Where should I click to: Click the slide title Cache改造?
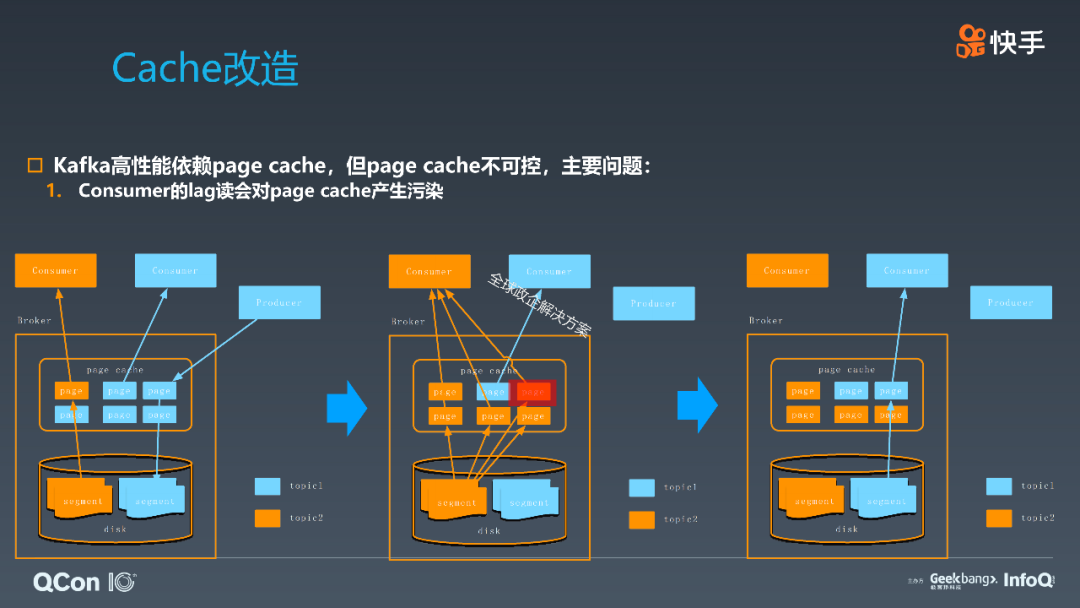(x=205, y=68)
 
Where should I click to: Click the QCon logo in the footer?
(x=84, y=581)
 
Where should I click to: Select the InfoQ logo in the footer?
(x=1028, y=580)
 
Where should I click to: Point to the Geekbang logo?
(x=962, y=580)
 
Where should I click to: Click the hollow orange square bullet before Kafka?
(x=36, y=165)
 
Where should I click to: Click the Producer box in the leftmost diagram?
(x=279, y=303)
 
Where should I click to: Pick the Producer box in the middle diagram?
(x=654, y=303)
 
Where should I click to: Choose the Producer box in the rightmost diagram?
(x=1011, y=303)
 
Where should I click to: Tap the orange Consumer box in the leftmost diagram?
(x=55, y=271)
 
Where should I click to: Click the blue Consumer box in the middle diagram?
(x=549, y=271)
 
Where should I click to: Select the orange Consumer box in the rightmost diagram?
(x=787, y=271)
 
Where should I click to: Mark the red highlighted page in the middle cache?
(x=533, y=392)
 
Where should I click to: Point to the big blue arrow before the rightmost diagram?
(x=697, y=405)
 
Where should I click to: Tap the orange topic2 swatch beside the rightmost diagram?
(x=999, y=518)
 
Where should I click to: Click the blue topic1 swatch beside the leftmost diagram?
(x=267, y=486)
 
